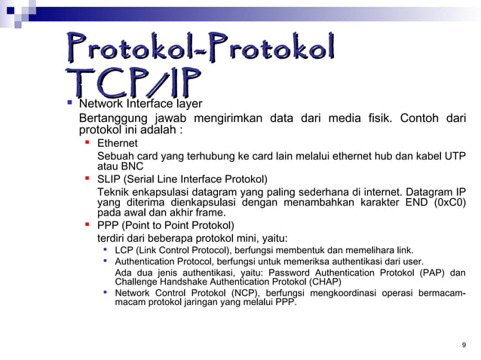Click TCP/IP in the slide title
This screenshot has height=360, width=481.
[x=135, y=84]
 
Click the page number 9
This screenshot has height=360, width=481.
[x=463, y=345]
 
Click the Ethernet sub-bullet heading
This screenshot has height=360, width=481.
[x=118, y=142]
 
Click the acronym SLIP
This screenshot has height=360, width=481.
[x=109, y=179]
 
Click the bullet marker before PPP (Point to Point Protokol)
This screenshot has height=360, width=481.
[x=87, y=224]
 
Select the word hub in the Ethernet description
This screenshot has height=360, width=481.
[x=365, y=155]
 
